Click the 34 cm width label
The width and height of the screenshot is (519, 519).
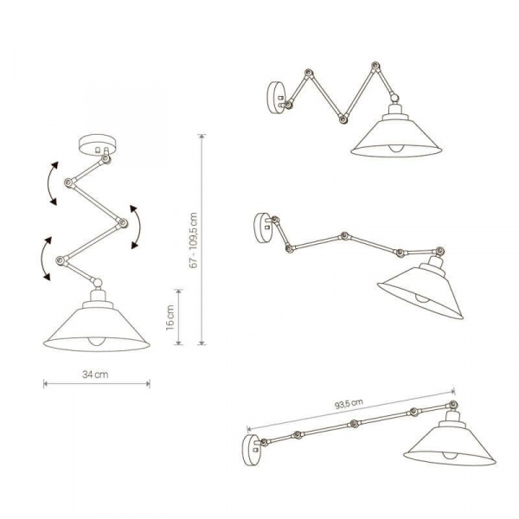click(95, 375)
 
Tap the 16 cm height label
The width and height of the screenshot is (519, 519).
click(170, 318)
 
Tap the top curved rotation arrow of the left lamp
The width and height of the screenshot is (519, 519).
click(50, 183)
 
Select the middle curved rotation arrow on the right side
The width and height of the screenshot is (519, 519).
click(136, 227)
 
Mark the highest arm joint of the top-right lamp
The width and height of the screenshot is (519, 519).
click(375, 66)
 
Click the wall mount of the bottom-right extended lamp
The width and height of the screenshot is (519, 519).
click(252, 451)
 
